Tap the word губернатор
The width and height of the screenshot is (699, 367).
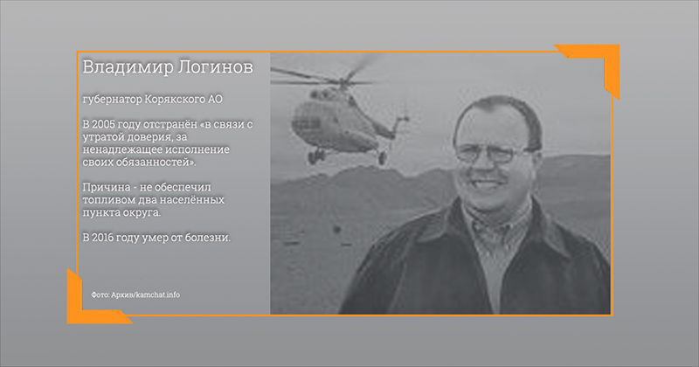[112, 100]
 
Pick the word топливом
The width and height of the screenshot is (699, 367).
[103, 200]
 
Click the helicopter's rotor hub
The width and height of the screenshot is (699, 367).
[343, 82]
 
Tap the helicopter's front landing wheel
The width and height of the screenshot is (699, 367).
[316, 156]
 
